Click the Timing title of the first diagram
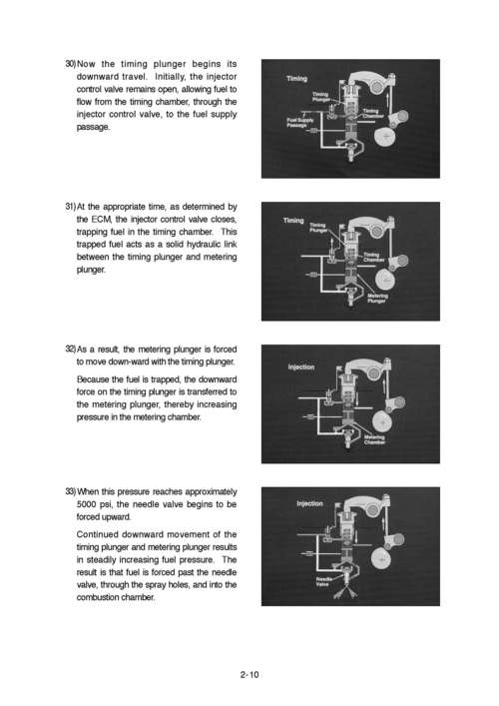click(x=296, y=78)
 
